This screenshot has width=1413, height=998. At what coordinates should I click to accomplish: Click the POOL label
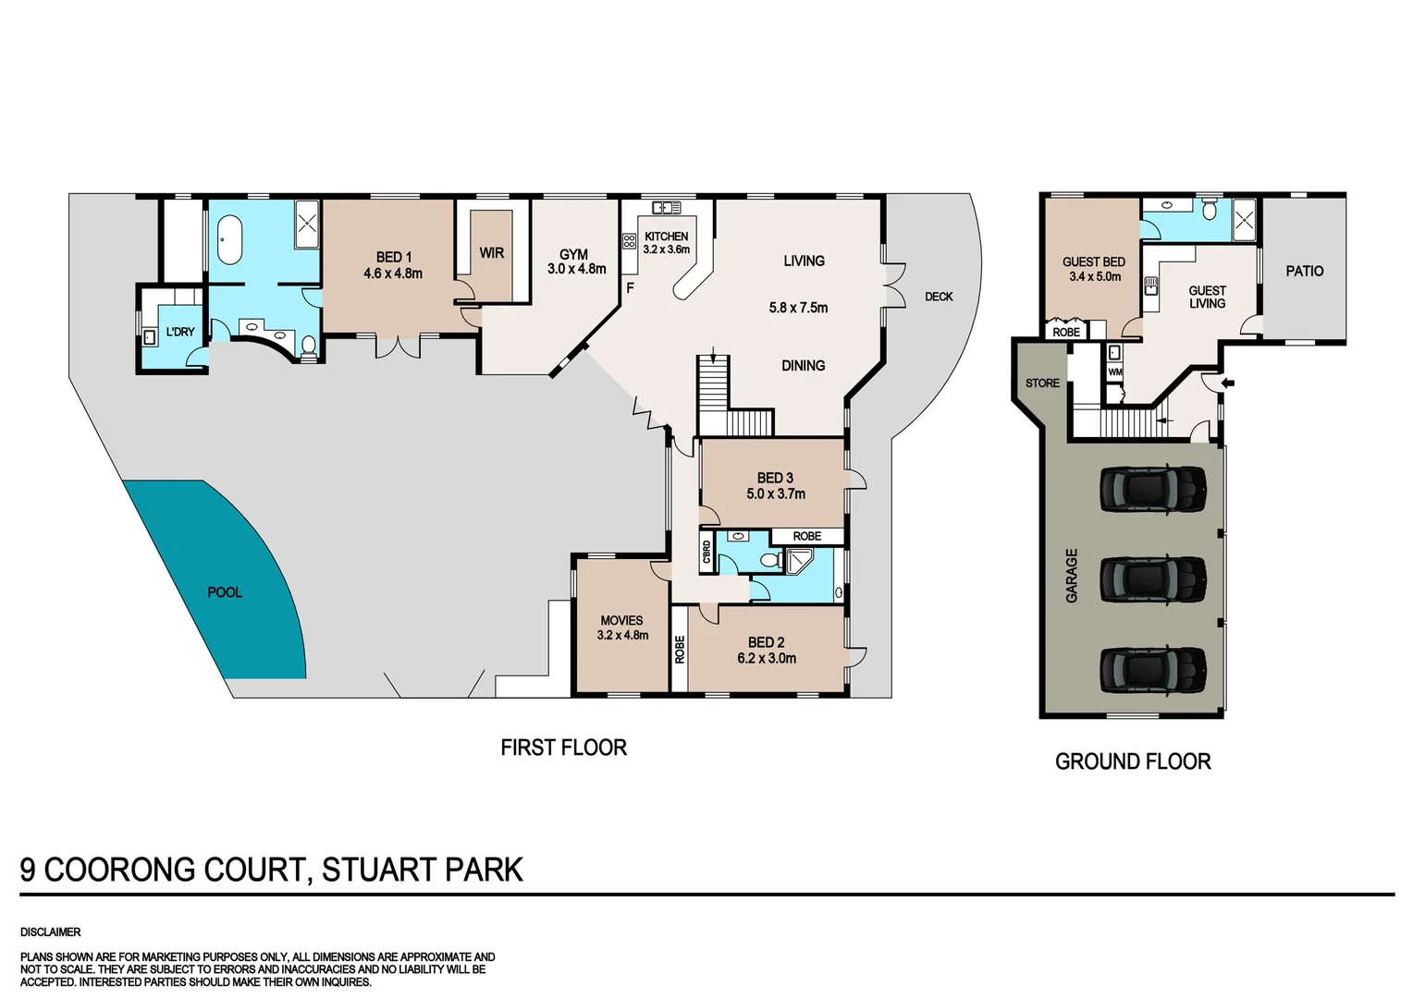225,592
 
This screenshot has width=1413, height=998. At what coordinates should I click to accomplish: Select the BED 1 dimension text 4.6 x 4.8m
393,274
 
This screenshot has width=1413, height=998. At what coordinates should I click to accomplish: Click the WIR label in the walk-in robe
491,252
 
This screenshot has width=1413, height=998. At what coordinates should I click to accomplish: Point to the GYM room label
573,254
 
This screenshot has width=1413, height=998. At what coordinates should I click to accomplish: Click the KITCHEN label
666,237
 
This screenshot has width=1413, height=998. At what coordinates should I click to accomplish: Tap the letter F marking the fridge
630,288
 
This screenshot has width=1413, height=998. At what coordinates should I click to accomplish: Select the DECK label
938,297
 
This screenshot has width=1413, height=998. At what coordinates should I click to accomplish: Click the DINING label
803,366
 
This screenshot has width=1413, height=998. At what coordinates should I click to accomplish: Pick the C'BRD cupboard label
707,553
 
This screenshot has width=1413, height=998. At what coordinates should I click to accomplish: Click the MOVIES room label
621,620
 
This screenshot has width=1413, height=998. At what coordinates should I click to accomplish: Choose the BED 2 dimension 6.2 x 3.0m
767,659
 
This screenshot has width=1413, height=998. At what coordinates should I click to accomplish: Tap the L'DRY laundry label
179,332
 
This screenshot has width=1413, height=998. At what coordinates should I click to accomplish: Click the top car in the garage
1152,488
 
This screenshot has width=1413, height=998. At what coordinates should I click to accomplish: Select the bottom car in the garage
1152,670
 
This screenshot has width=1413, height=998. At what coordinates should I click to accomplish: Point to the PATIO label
1304,271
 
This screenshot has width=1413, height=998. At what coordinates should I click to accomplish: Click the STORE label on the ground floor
1042,383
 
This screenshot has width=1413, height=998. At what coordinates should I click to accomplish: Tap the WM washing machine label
1114,372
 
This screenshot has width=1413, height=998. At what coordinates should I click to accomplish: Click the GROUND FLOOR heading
1133,761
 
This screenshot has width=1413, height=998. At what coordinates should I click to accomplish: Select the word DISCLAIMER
51,932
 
